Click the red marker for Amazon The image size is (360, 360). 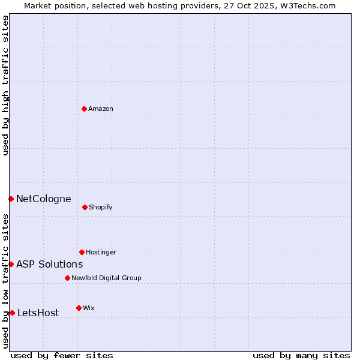pos(84,109)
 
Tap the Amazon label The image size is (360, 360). pos(101,109)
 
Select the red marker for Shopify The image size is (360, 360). pos(85,207)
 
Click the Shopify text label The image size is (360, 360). pos(101,207)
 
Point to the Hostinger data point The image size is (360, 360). pos(82,252)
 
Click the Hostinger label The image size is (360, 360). pos(101,252)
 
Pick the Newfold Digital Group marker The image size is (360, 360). pos(67,278)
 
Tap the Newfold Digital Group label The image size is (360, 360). pos(106,278)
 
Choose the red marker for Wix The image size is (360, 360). pos(79,308)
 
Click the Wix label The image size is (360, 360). pos(89,308)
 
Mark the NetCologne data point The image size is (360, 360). pos(11,199)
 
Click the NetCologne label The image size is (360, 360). pos(43,199)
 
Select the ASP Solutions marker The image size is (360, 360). pos(11,264)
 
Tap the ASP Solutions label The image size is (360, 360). pos(49,264)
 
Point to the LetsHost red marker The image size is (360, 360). pos(12,313)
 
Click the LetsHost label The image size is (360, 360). pos(38,313)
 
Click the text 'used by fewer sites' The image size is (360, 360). pos(62,355)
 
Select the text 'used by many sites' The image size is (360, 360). pos(301,355)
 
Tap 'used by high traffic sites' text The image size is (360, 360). pos(5,85)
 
